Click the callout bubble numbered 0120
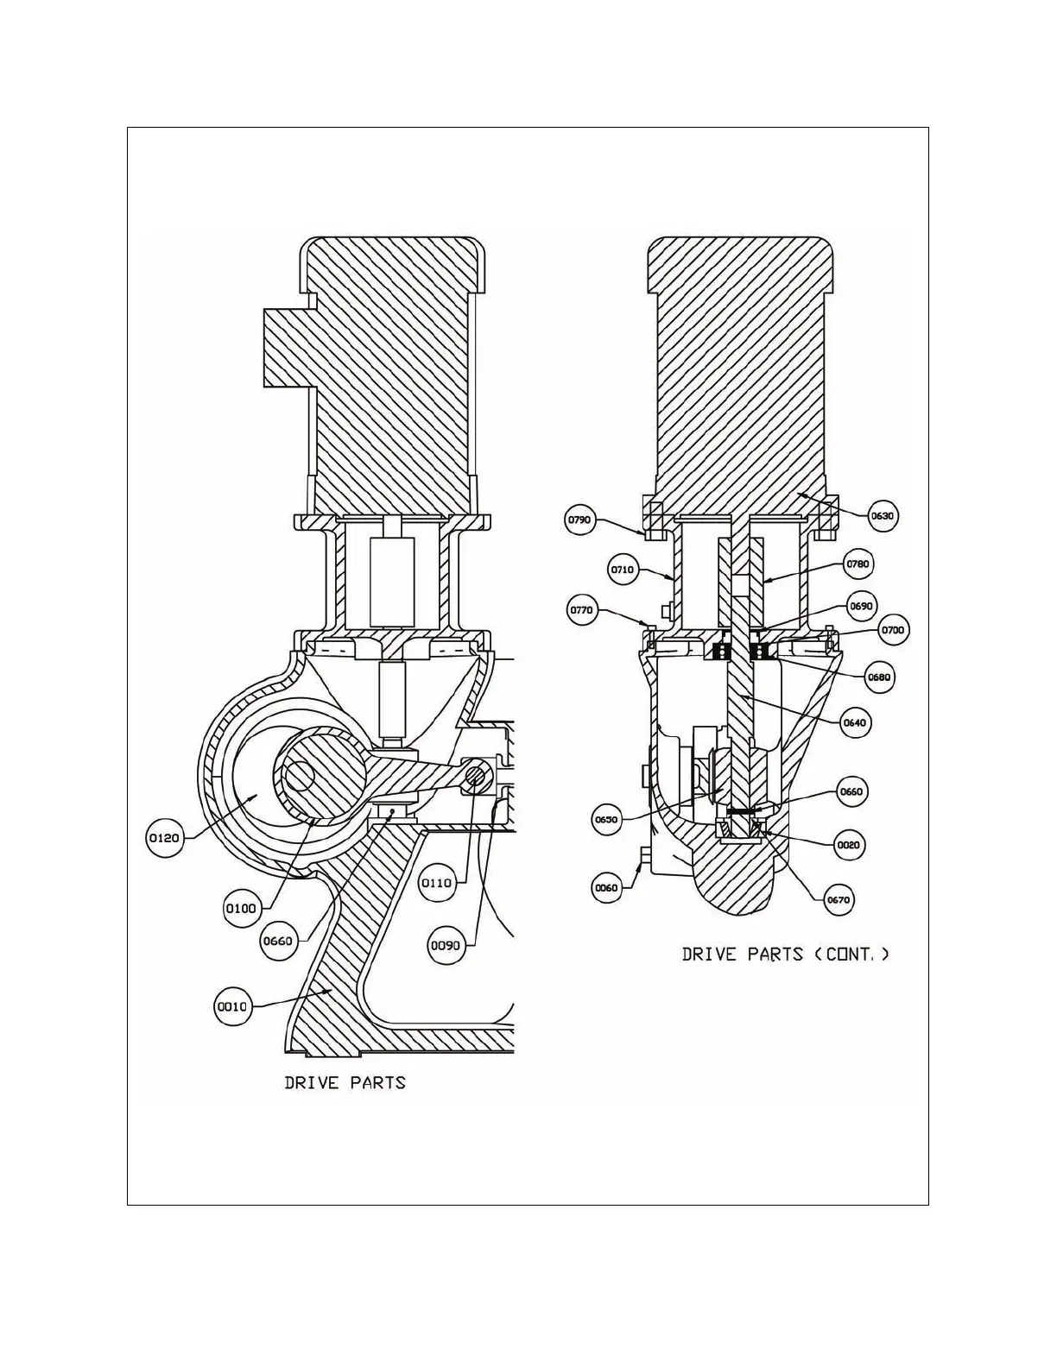164,837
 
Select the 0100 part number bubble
241,908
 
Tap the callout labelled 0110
436,883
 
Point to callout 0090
446,945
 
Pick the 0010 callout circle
231,1006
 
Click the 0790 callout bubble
579,520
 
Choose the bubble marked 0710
623,570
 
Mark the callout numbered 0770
582,610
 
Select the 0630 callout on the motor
883,516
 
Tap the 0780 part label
859,564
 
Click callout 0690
861,606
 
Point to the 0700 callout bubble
892,630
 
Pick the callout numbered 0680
880,677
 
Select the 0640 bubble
855,722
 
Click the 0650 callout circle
607,819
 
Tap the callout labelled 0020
849,845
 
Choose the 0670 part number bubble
839,899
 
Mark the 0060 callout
607,887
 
